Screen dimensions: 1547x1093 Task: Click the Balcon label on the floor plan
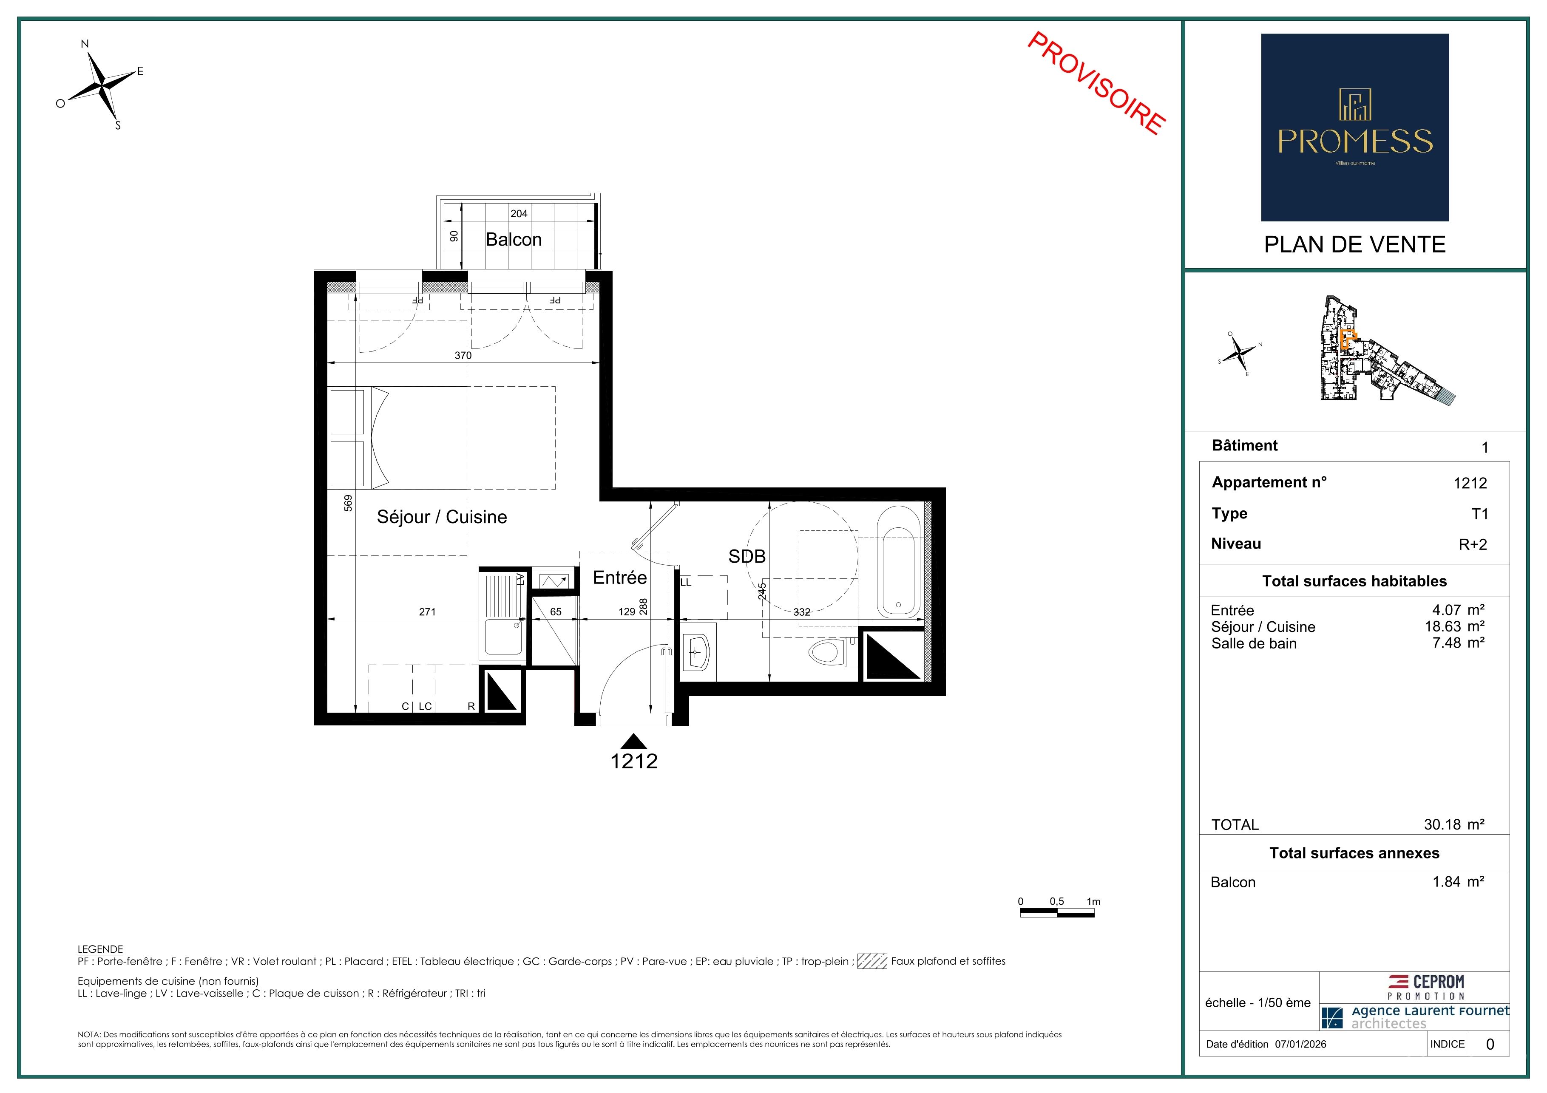514,240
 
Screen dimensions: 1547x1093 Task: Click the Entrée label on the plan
620,578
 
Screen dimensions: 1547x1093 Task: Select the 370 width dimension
463,356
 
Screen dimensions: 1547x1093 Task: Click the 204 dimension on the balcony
519,213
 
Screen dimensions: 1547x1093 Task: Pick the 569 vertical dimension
348,503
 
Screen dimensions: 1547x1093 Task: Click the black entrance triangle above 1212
633,742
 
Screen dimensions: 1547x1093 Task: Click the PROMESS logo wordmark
1355,142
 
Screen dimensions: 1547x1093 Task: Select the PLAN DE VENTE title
1355,244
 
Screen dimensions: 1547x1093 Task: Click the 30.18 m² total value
1454,824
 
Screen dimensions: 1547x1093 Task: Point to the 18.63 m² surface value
1454,626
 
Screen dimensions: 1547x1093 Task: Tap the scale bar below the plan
1057,913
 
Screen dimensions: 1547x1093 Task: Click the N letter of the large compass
85,45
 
